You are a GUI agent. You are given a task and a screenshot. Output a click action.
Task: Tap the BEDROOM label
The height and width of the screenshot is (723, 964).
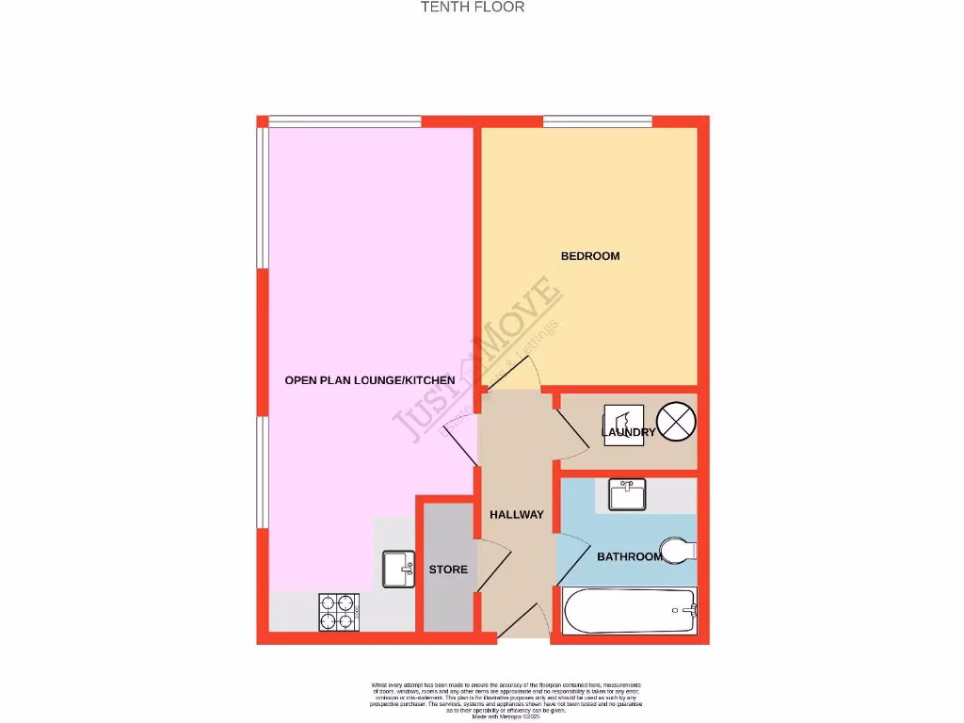tap(590, 256)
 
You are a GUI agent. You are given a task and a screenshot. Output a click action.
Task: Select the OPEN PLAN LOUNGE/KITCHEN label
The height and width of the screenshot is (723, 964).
tap(370, 380)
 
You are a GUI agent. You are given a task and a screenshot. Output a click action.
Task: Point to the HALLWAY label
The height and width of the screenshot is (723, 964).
tap(517, 515)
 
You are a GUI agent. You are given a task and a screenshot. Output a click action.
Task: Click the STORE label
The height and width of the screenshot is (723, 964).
tap(448, 570)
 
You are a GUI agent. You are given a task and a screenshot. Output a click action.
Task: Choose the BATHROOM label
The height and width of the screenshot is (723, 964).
tap(629, 556)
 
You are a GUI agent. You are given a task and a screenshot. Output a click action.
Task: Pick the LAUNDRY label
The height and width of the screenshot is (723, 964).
tap(631, 433)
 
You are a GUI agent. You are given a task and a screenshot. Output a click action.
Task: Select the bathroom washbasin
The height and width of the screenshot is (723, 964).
tap(627, 493)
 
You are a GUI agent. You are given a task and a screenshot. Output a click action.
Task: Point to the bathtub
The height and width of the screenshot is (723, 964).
tap(630, 612)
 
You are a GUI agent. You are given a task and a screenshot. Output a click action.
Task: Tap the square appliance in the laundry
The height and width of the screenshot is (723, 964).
tap(623, 425)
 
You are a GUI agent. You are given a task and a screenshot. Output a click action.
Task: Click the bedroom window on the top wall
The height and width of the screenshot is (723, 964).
tap(597, 121)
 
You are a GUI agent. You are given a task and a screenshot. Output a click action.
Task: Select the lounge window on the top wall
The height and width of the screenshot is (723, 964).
tap(345, 121)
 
